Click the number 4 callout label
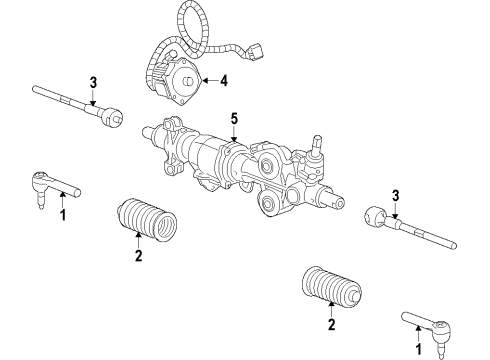pyautogui.click(x=223, y=80)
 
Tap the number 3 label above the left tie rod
pyautogui.click(x=93, y=81)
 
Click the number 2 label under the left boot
pyautogui.click(x=139, y=257)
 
